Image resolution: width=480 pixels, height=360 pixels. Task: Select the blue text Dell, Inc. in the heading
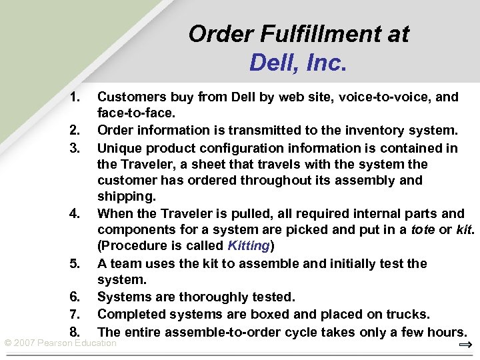pyautogui.click(x=298, y=63)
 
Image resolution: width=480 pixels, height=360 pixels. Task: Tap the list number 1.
pyautogui.click(x=75, y=97)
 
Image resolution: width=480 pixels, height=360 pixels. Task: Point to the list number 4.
pyautogui.click(x=75, y=214)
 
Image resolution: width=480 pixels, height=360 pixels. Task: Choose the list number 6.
pyautogui.click(x=75, y=297)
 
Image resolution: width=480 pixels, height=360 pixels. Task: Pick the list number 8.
pyautogui.click(x=75, y=331)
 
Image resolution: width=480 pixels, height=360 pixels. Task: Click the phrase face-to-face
pyautogui.click(x=136, y=113)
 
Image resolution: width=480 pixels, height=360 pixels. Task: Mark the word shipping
pyautogui.click(x=124, y=197)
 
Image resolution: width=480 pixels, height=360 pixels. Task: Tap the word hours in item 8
pyautogui.click(x=445, y=331)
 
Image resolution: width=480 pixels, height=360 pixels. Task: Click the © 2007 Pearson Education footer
pyautogui.click(x=61, y=343)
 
